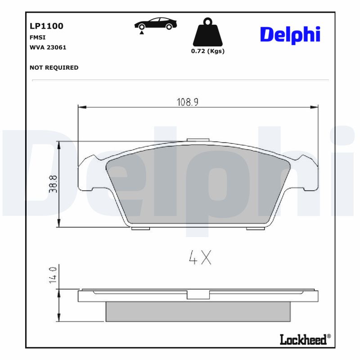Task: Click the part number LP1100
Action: [46, 26]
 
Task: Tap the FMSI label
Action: [38, 38]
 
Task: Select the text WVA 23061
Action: [48, 47]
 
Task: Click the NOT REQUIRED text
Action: [54, 67]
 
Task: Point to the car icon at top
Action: [156, 24]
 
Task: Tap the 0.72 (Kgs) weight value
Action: [207, 51]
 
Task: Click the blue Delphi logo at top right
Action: [290, 35]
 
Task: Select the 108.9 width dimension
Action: [187, 102]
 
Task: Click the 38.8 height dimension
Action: [53, 184]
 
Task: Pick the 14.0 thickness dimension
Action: [53, 274]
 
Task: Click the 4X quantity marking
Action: [199, 257]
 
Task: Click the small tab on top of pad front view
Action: [198, 140]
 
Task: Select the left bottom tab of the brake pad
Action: [140, 228]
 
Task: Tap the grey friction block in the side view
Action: [198, 311]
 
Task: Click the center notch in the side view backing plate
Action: [198, 295]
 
